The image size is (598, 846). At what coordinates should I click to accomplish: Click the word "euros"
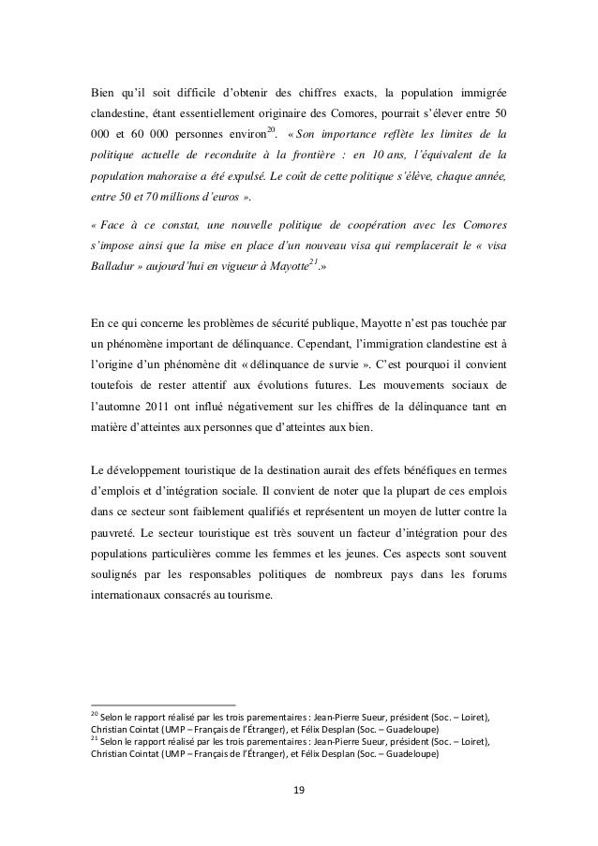(x=221, y=197)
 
